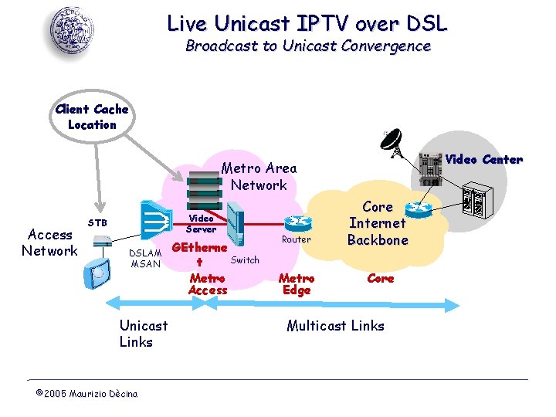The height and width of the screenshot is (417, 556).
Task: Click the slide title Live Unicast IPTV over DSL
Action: click(x=307, y=23)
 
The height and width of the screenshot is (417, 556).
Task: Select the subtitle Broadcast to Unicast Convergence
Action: click(x=307, y=46)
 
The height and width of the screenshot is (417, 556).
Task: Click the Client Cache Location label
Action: click(x=92, y=117)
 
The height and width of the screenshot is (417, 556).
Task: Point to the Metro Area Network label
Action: click(x=259, y=176)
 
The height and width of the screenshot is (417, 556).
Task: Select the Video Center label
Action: click(x=484, y=160)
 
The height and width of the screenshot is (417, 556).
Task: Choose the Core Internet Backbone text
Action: click(x=377, y=223)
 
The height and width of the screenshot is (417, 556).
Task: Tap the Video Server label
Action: click(x=202, y=224)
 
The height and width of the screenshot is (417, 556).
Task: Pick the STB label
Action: click(x=97, y=223)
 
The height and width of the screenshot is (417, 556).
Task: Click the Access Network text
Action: click(x=49, y=242)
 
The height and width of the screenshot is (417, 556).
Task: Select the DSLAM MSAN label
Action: click(x=144, y=258)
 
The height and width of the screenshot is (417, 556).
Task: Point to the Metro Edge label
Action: click(x=297, y=284)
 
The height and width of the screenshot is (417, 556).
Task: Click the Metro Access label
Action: click(x=208, y=284)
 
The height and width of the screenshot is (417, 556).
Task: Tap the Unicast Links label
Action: click(x=143, y=334)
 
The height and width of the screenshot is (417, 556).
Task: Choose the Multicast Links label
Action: click(x=335, y=326)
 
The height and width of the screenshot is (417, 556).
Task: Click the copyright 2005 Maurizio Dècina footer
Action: click(x=86, y=394)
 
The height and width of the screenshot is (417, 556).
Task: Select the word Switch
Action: click(x=245, y=260)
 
